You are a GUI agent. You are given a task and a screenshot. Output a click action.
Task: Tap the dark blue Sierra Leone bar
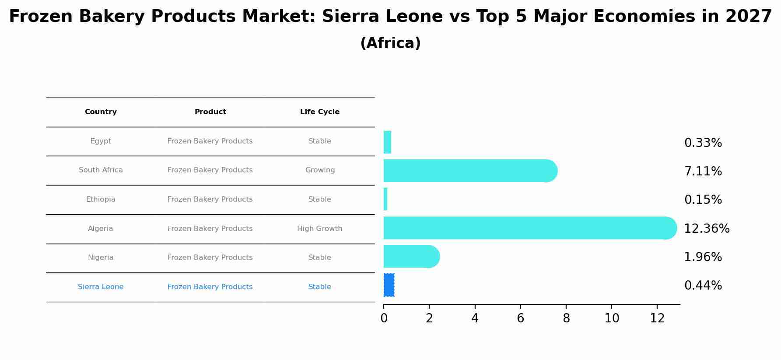[x=389, y=285]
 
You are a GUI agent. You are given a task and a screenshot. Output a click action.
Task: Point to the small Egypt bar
[x=387, y=142]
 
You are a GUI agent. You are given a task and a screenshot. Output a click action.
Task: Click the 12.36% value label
[x=706, y=229]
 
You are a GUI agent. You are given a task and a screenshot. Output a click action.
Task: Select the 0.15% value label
[x=703, y=200]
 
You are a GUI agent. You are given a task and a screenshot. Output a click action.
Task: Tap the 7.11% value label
[x=703, y=171]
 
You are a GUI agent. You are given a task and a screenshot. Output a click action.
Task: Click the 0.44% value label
[x=703, y=286]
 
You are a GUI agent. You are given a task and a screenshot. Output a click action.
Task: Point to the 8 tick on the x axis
[x=566, y=318]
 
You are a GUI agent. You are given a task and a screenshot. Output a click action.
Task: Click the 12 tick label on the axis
[x=657, y=318]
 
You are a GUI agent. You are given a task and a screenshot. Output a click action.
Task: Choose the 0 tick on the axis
[x=384, y=318]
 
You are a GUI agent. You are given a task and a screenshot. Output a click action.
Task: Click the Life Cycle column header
[x=319, y=112]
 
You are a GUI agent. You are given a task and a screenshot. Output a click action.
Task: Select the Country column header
[x=101, y=112]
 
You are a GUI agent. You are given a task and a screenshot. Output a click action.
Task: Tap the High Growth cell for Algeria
[x=319, y=229]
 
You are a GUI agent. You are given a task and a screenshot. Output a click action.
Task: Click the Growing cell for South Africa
[x=320, y=170]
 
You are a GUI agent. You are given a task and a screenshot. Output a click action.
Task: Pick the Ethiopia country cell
[x=101, y=199]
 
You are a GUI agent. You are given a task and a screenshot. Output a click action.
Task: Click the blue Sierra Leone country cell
[x=101, y=287]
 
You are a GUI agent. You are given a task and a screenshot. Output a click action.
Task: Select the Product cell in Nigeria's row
[x=210, y=258]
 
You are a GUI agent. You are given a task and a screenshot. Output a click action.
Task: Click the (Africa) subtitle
[x=390, y=43]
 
